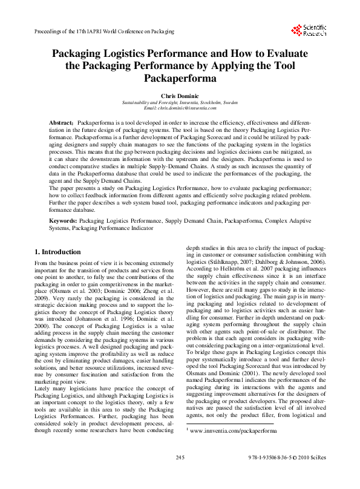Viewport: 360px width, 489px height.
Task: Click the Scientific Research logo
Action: [310, 30]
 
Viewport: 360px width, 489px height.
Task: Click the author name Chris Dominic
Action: [180, 96]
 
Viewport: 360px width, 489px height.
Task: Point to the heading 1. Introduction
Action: [57, 252]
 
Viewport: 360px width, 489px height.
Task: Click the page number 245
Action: [180, 474]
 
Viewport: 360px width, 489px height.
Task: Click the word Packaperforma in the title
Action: [180, 77]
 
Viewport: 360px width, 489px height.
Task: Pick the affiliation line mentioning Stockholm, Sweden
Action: [180, 102]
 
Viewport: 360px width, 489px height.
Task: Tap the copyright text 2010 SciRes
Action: [313, 474]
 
